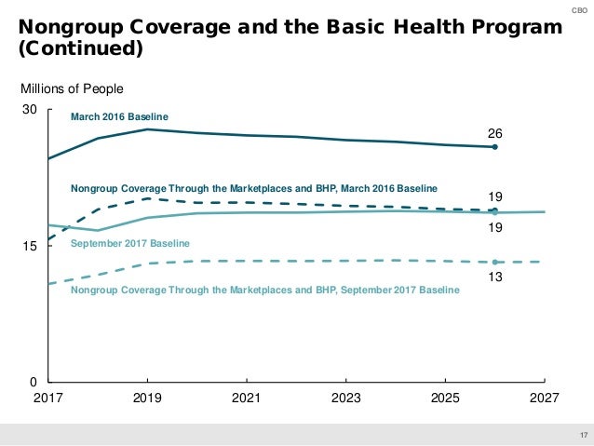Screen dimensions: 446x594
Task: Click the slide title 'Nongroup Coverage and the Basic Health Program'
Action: coord(290,27)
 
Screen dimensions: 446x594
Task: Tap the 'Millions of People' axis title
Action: coord(72,88)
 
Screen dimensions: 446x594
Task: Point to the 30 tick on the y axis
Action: coord(29,110)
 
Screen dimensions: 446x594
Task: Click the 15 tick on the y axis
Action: coord(29,247)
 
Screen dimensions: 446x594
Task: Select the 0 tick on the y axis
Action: coord(33,383)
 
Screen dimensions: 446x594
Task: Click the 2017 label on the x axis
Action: coord(47,399)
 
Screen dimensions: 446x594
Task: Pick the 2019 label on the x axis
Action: coord(147,399)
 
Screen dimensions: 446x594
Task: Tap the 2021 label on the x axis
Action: coord(246,399)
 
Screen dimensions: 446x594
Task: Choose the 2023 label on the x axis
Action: coord(345,399)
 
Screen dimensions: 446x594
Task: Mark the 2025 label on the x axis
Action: coord(445,399)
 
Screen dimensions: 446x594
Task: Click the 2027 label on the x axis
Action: coord(544,399)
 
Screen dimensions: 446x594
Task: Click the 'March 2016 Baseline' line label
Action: coord(119,116)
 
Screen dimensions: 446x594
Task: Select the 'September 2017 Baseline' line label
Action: coord(130,243)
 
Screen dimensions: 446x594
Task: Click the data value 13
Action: coord(495,277)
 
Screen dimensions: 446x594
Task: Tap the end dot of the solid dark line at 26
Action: coord(495,147)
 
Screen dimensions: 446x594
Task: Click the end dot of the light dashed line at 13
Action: coord(495,262)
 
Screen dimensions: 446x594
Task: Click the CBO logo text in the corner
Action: coord(579,9)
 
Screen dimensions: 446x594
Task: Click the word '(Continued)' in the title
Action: coord(80,47)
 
